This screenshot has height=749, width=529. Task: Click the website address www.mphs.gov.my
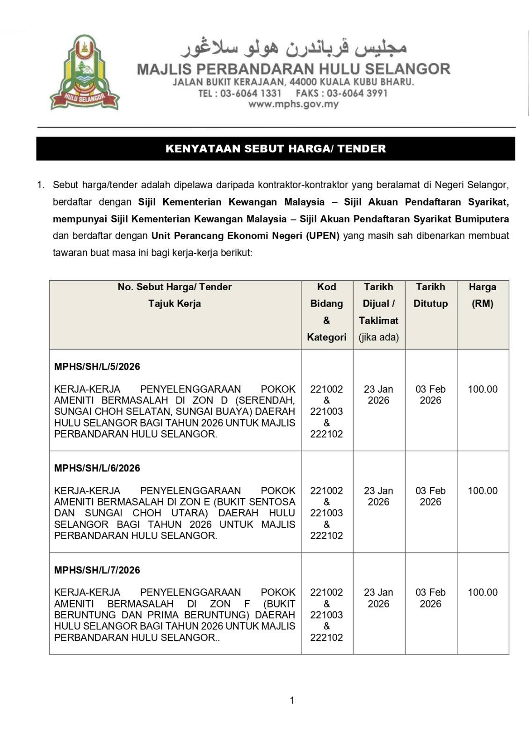click(293, 104)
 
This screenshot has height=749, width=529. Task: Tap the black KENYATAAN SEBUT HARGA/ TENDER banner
click(275, 149)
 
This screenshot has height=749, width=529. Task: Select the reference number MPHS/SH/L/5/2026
click(97, 367)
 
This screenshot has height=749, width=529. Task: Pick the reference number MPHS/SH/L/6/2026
click(97, 468)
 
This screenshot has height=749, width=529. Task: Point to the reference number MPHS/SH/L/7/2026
click(97, 570)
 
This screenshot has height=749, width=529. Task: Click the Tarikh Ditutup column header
click(430, 295)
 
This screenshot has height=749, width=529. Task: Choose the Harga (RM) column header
click(482, 295)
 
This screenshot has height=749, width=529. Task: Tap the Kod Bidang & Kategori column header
click(326, 312)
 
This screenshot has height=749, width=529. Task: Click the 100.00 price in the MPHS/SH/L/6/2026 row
click(482, 491)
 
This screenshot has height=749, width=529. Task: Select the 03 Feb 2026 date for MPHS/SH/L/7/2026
click(430, 598)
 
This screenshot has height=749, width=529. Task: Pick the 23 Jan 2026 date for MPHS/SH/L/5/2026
click(378, 395)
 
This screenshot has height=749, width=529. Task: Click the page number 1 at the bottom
click(292, 700)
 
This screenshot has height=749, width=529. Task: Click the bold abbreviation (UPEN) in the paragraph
click(323, 236)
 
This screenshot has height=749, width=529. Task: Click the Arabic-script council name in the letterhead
click(293, 47)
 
